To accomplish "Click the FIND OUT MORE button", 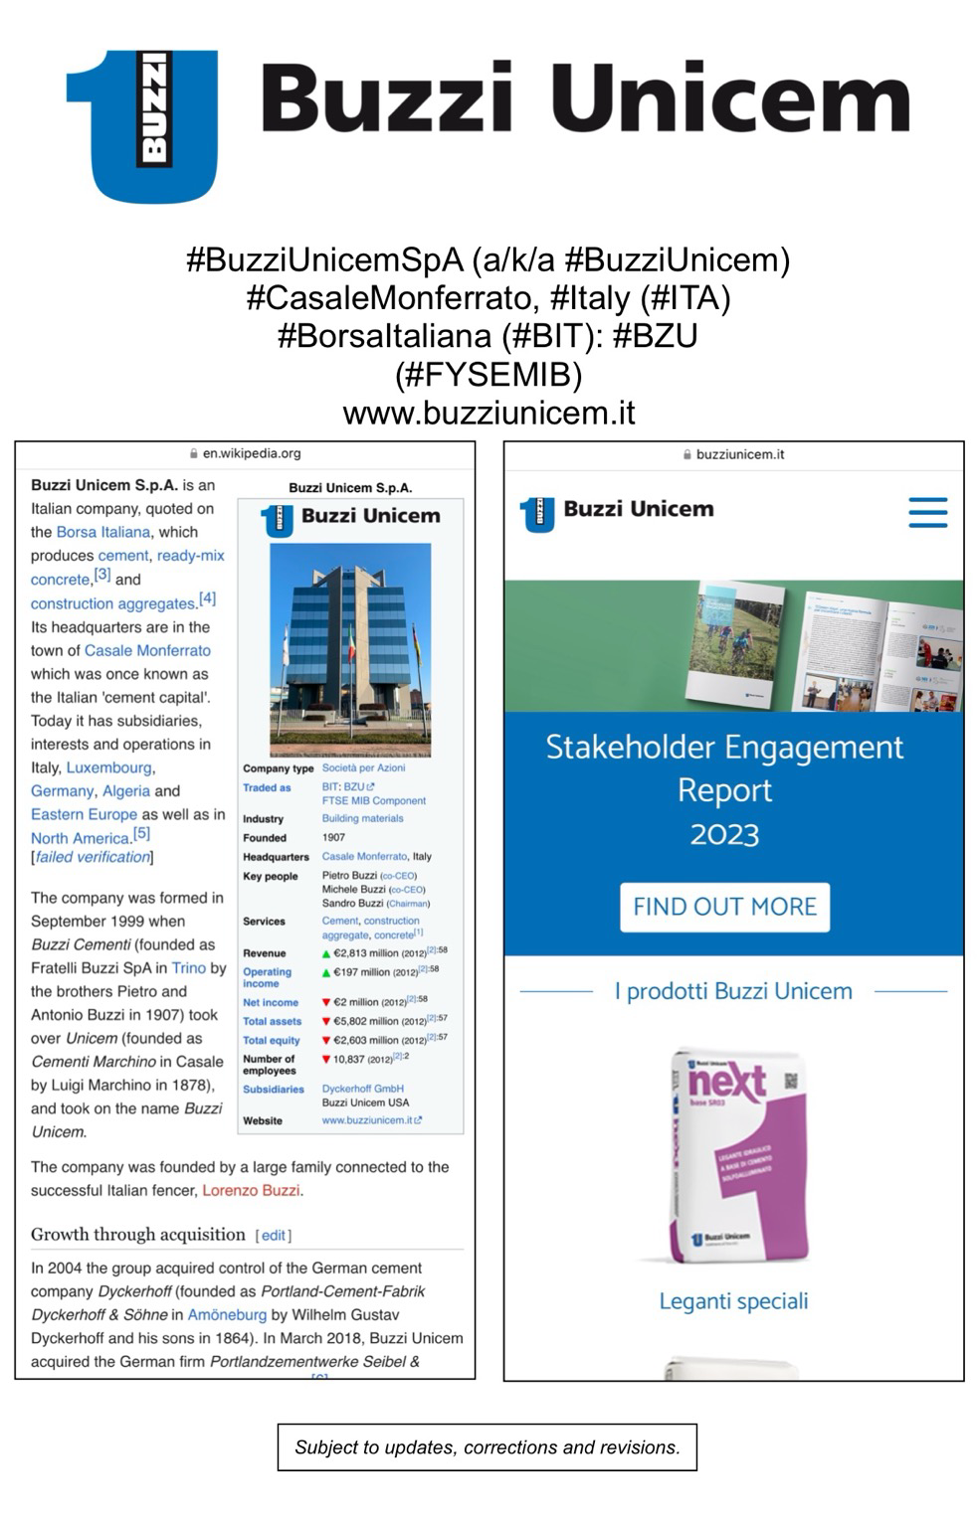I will pos(724,907).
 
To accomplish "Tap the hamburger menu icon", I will pos(927,512).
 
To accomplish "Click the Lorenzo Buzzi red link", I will pos(252,1190).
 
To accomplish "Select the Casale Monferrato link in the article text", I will pos(147,650).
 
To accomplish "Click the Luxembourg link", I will pos(109,767).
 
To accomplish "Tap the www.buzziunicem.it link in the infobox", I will pos(367,1120).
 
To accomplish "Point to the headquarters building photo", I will pos(350,648).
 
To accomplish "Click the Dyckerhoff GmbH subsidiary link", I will pos(362,1089).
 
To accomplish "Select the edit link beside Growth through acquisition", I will pos(274,1235).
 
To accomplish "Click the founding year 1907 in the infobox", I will pos(333,837).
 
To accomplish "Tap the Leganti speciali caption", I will pos(733,1301).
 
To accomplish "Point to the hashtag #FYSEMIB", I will pos(488,375).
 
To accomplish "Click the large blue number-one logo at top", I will pos(142,124).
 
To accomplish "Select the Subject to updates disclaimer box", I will pos(488,1447).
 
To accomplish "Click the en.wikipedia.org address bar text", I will pos(251,453).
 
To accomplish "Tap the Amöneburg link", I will pos(227,1314).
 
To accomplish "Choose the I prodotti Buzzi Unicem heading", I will pos(733,991).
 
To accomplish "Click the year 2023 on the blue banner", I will pos(724,834).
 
